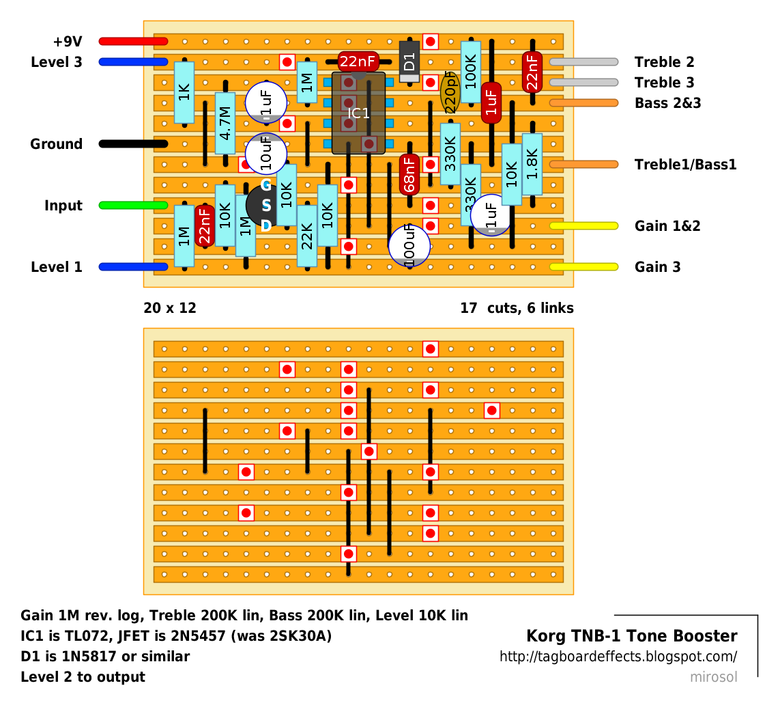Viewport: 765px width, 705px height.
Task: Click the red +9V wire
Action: [133, 41]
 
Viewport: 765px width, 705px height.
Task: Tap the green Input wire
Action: [133, 205]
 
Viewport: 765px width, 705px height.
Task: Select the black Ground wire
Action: [133, 143]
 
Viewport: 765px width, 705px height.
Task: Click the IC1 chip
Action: [358, 113]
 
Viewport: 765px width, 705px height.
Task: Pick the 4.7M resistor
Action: [225, 123]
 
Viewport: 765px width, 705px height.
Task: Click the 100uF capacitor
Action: [409, 245]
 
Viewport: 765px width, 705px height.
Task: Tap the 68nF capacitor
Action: [409, 174]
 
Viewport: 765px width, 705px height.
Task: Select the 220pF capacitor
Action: [450, 92]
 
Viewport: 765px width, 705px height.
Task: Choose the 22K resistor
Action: [307, 236]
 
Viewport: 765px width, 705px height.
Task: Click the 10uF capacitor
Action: [265, 154]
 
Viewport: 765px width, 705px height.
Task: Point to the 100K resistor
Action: [470, 72]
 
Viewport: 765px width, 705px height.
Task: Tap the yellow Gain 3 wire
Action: [583, 266]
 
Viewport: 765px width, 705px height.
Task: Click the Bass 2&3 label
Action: [667, 103]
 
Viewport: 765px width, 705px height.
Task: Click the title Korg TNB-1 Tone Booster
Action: [631, 636]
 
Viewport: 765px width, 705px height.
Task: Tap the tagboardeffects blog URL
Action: [618, 657]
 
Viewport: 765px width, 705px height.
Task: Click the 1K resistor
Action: [184, 92]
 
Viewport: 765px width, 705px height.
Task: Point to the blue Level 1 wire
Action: [133, 266]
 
